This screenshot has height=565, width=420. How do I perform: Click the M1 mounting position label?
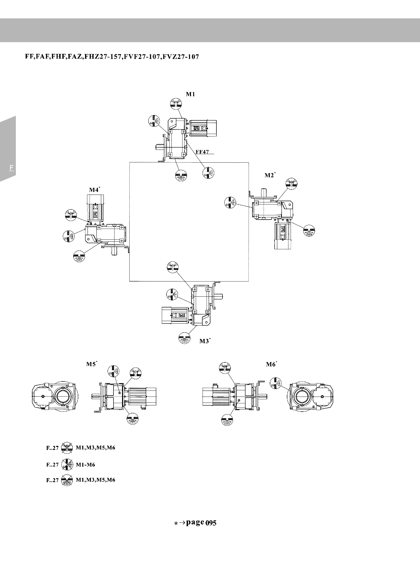[x=190, y=94]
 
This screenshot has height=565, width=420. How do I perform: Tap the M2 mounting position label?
[x=269, y=175]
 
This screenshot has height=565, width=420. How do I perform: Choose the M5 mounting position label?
[x=91, y=364]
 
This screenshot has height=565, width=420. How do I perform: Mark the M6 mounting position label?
[x=271, y=365]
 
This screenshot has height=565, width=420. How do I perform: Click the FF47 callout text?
[x=202, y=152]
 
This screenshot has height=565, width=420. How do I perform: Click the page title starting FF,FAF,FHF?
[x=112, y=56]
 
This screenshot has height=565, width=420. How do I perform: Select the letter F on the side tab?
[x=11, y=168]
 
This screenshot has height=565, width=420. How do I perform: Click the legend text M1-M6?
[x=85, y=465]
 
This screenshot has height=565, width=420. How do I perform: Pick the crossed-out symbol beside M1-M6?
[x=67, y=465]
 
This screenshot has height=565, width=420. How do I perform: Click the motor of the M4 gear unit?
[x=95, y=207]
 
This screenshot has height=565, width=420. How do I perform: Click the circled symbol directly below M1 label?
[x=176, y=103]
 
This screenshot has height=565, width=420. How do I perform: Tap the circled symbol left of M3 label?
[x=184, y=338]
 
